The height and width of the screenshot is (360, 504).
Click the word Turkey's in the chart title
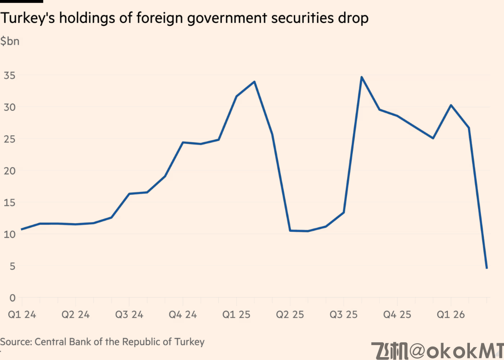[x=23, y=19]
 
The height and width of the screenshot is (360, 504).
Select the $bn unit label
[x=10, y=41]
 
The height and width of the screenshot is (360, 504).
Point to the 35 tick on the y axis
[x=9, y=75]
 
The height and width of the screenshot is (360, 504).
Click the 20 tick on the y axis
[x=9, y=171]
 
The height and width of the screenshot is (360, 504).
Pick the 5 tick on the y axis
[x=12, y=266]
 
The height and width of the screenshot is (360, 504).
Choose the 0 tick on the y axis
[x=12, y=298]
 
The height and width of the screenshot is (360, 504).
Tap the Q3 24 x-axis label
[x=129, y=315]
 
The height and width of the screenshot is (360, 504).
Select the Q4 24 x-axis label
[x=183, y=315]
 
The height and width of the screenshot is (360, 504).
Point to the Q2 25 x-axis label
[x=290, y=315]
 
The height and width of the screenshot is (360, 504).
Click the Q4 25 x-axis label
[x=397, y=315]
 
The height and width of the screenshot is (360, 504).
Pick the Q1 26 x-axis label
[x=451, y=315]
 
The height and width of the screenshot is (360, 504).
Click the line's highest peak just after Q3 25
[x=361, y=77]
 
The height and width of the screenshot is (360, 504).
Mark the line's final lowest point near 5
[x=487, y=268]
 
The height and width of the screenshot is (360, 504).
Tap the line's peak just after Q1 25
[x=254, y=82]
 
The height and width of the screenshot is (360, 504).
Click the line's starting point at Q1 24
[x=22, y=229]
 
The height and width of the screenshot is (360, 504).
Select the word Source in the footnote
[x=15, y=342]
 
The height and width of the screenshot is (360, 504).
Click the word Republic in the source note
[x=138, y=342]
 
